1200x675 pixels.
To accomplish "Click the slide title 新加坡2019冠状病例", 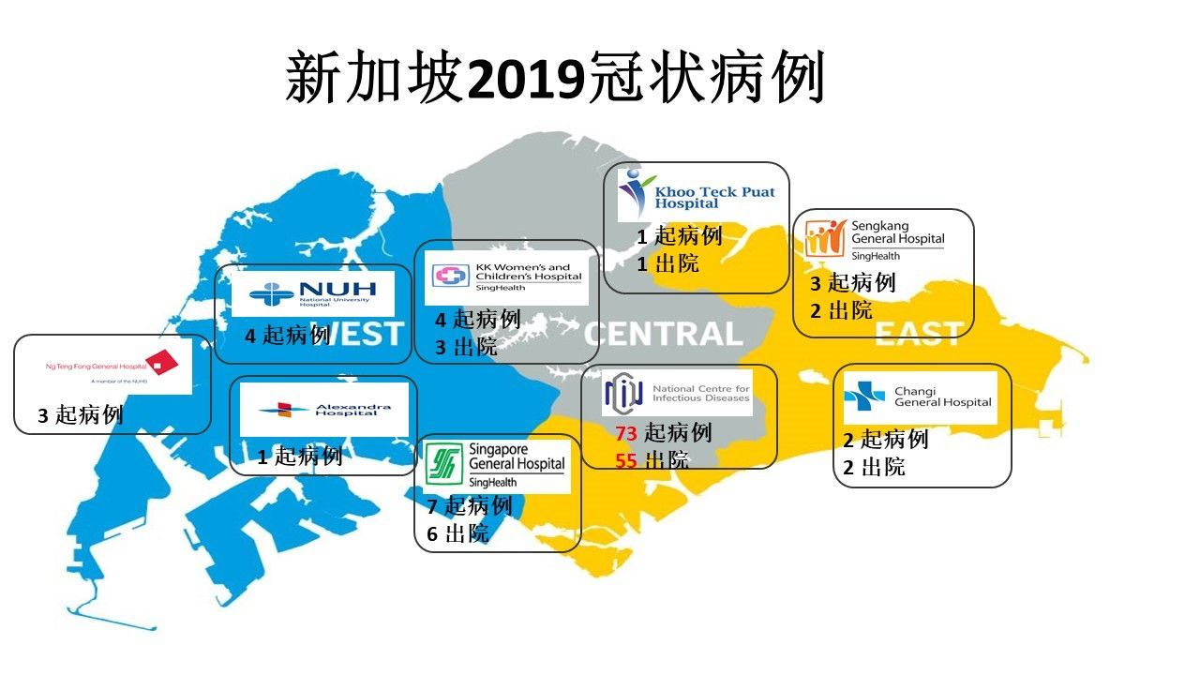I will pos(555,79).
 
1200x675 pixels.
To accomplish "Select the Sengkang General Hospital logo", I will pos(875,240).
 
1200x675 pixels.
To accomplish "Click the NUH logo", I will pos(312,293).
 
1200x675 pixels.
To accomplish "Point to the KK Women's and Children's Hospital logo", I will pos(506,277).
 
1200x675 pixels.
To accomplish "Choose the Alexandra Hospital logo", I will pos(323,410).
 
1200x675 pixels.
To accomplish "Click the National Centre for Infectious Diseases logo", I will pos(677,394).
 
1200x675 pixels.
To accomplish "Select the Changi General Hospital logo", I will pos(919,397).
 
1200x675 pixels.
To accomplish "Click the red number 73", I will pos(626,433).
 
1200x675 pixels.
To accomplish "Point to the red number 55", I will pos(626,460).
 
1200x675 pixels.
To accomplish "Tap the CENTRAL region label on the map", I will pos(663,334).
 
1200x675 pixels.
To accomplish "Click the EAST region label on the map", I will pos(918,334).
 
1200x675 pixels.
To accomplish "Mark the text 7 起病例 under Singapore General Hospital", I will pos(469,507).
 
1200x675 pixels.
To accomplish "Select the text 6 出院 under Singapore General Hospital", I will pos(457,535).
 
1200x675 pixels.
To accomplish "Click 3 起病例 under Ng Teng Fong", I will pos(80,415).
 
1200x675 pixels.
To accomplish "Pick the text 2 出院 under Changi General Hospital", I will pos(873,467).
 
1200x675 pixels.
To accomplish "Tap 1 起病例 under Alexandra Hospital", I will pos(299,457).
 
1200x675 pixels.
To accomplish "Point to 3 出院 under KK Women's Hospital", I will pos(465,348).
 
